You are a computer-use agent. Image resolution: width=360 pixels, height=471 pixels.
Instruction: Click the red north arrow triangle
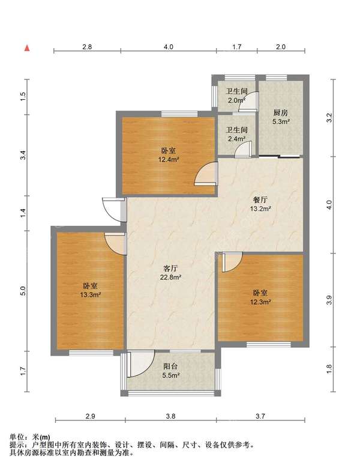[27, 48]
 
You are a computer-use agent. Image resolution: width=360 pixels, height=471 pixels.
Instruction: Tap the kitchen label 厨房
[281, 113]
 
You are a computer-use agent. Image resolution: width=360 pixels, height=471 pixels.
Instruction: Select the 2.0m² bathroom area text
[237, 100]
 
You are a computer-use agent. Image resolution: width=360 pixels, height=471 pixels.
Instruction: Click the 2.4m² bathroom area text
[237, 139]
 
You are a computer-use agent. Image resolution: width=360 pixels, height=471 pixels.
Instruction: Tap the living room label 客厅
[170, 268]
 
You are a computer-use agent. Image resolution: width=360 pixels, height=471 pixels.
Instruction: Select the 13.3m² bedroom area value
[90, 294]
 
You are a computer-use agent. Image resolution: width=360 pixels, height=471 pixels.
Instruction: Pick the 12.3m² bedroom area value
[260, 302]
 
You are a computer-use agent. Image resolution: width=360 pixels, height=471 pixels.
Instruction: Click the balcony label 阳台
[170, 366]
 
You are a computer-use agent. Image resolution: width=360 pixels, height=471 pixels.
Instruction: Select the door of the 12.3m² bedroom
[232, 262]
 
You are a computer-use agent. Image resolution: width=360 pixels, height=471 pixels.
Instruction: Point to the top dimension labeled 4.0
[169, 47]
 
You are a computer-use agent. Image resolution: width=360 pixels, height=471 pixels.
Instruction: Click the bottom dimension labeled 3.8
[170, 416]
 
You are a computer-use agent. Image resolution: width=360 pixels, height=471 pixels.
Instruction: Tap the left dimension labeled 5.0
[23, 291]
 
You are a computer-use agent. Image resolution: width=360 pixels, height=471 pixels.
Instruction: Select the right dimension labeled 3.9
[329, 300]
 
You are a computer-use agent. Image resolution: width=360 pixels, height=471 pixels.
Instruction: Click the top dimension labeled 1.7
[236, 47]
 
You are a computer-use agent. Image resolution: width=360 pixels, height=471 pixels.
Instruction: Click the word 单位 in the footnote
[17, 437]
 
